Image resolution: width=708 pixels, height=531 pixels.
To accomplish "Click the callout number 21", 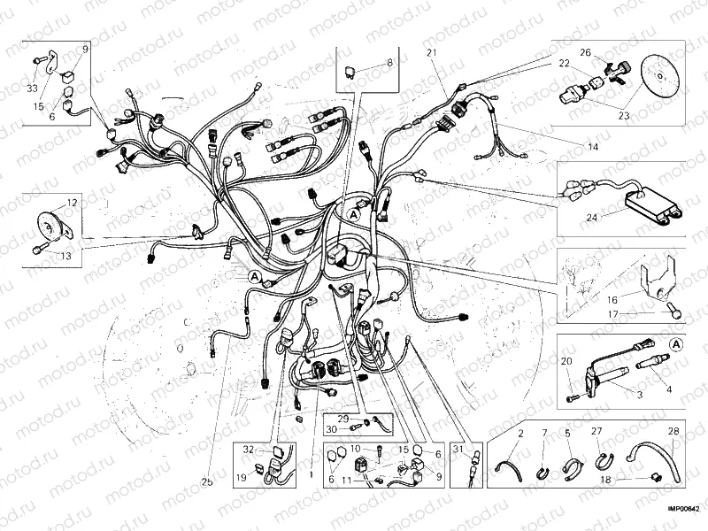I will coord(432,54).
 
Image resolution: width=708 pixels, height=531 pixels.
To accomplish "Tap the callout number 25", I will coord(207,482).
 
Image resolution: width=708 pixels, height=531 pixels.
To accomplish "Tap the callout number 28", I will coord(673,432).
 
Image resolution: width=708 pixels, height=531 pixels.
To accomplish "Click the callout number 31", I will coord(458,449).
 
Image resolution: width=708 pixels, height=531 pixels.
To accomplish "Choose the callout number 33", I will coord(32,88).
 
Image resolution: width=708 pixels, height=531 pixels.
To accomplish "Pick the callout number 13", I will coord(65,256).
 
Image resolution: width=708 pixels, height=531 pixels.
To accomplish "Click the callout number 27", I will coord(596,432).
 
